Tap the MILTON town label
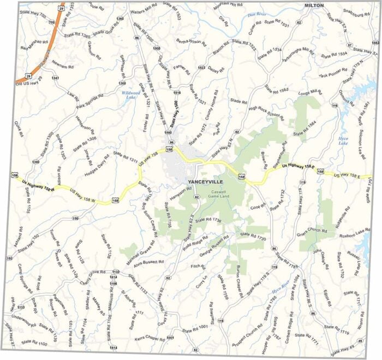(x=314, y=5)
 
